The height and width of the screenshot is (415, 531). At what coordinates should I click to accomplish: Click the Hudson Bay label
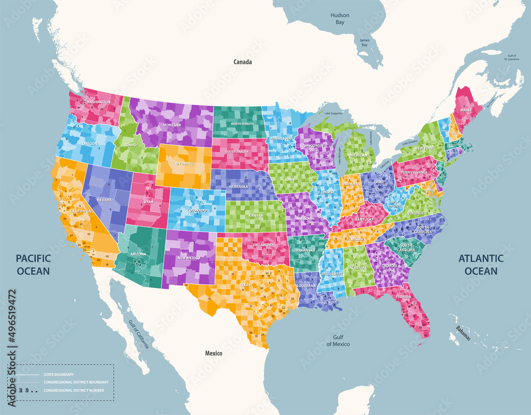[340, 19]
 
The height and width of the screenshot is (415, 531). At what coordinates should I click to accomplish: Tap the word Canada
[243, 62]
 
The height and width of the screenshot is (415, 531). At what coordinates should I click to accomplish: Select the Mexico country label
[214, 353]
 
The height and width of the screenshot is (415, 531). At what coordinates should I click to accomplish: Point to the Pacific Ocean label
[33, 264]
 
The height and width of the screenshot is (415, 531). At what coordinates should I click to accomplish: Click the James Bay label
[364, 43]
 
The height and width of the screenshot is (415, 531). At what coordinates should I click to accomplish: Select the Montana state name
[173, 124]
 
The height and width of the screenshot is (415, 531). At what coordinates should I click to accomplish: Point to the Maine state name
[466, 110]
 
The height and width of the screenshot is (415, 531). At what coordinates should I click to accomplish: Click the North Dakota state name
[242, 123]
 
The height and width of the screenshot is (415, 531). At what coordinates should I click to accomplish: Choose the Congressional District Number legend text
[78, 391]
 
